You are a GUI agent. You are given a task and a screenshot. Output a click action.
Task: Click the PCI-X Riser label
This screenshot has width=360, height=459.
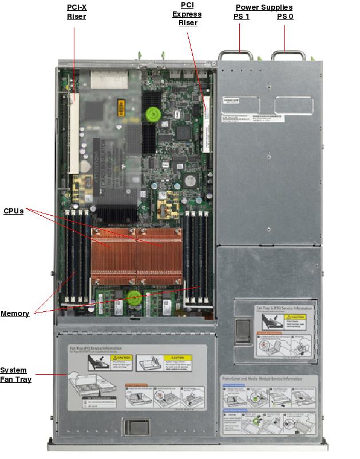coord(76,11)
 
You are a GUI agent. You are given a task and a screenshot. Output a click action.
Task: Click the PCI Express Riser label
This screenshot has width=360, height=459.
coord(187,14)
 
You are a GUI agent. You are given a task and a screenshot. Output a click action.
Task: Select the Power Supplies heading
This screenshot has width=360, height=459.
coord(264,7)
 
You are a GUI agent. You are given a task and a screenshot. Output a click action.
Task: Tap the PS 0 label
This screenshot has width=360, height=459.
coord(285,17)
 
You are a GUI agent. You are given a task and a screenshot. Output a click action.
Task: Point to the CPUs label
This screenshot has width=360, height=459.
coord(14,211)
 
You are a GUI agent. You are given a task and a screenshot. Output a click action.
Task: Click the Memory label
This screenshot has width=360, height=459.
coord(15,313)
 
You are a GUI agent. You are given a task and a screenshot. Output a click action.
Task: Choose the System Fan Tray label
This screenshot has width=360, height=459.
coord(15,374)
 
